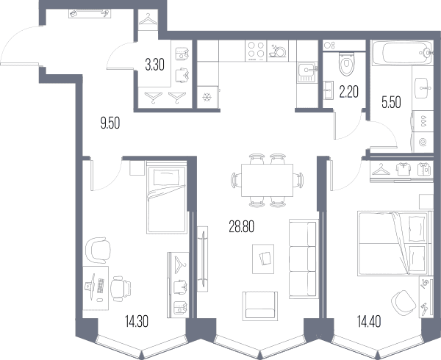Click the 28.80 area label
tap(242, 227)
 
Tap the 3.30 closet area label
tap(154, 65)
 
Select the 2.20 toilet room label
tap(348, 92)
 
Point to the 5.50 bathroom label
tap(391, 102)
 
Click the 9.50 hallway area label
tap(110, 123)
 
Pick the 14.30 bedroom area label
tap(137, 322)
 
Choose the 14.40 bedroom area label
tap(369, 322)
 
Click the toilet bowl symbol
tap(347, 64)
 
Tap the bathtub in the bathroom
tap(402, 53)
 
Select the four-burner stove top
tap(256, 51)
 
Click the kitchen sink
tap(306, 72)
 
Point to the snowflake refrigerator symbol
tap(207, 98)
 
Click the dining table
tap(267, 181)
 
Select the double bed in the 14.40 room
tap(395, 243)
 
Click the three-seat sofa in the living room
tap(303, 259)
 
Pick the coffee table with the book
tap(263, 259)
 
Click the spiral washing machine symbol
tap(423, 143)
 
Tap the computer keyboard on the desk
tap(101, 286)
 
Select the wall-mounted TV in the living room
tap(203, 259)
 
